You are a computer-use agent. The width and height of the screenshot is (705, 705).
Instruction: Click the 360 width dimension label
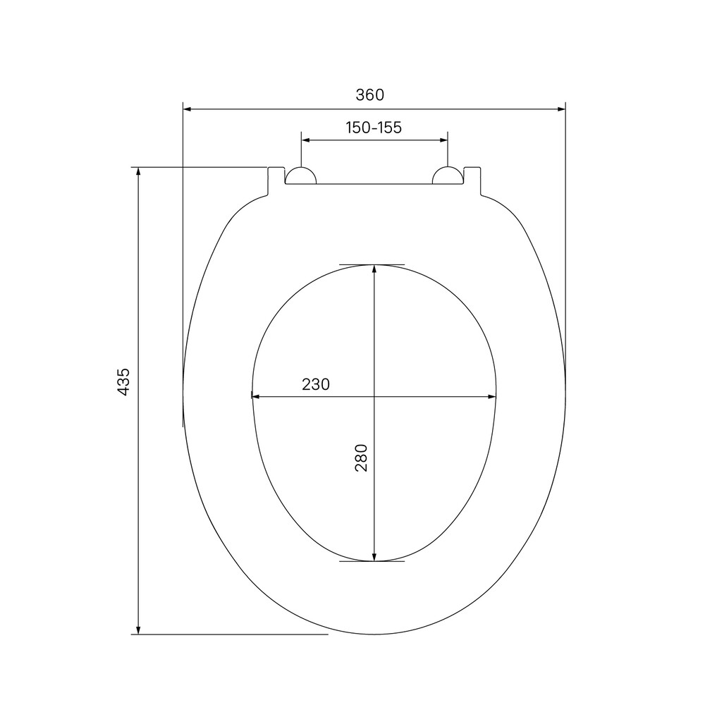point(370,95)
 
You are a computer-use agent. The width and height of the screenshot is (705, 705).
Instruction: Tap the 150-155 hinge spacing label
point(374,128)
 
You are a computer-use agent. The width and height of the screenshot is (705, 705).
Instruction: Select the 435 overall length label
point(123,381)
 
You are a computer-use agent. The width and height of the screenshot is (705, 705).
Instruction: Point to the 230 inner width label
point(316,384)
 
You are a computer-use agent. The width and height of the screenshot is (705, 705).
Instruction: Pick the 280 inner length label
point(362,458)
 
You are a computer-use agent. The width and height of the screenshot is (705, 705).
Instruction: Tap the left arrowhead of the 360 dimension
point(188,109)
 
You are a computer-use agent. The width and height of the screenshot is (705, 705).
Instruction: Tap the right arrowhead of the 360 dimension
point(561,109)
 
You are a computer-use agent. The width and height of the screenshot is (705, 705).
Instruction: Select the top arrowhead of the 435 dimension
point(138,171)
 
